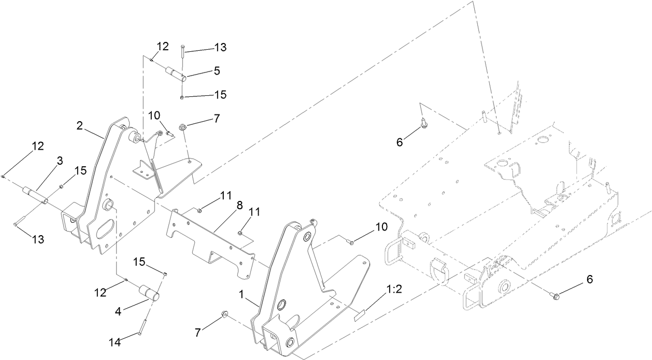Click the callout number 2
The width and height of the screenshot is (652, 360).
click(x=80, y=126)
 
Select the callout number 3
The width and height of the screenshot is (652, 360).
click(x=60, y=162)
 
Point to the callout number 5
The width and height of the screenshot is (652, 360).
click(x=217, y=71)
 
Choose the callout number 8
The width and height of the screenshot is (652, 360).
click(x=239, y=206)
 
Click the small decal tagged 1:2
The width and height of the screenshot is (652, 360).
click(x=360, y=314)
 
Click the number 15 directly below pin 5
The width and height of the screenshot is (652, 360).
click(x=220, y=95)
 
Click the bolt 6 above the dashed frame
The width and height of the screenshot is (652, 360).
click(x=423, y=124)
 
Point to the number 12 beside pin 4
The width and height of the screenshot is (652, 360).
click(x=100, y=293)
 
